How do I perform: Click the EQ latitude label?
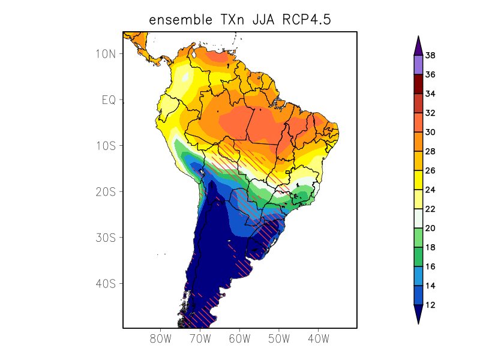point(108,100)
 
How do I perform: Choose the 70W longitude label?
point(200,339)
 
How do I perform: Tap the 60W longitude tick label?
point(239,339)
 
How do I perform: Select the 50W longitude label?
point(278,339)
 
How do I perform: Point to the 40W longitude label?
point(318,339)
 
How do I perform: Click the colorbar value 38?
point(430,56)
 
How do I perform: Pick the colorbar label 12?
point(430,305)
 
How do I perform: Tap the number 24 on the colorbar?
point(430,190)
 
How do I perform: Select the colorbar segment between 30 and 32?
point(418,122)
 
